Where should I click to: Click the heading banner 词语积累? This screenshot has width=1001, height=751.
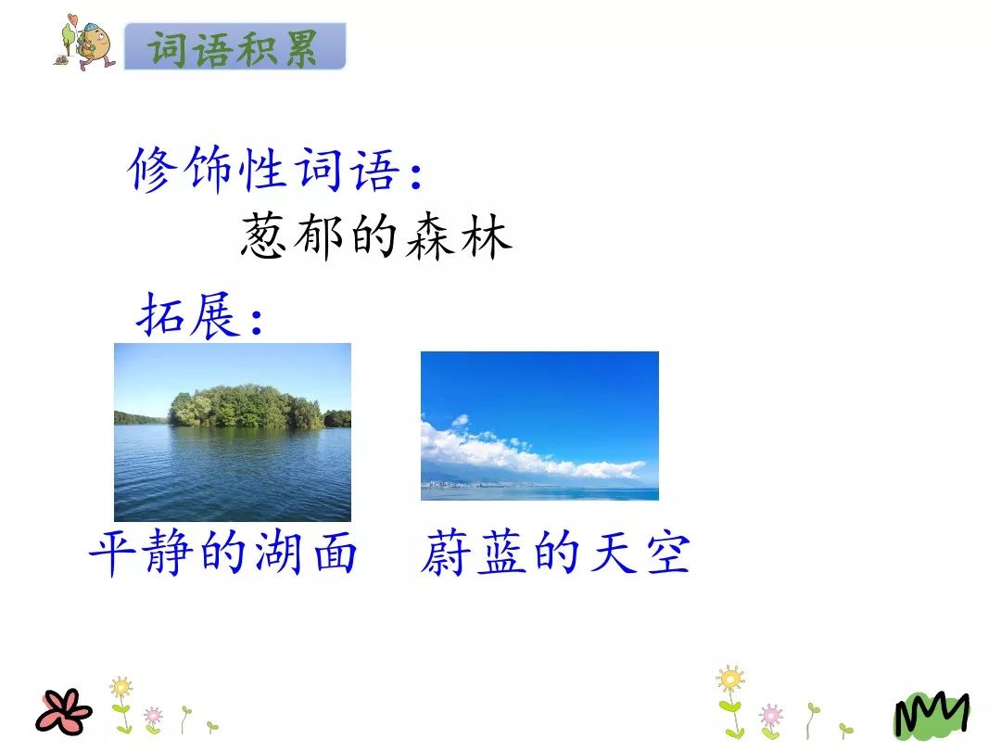234,46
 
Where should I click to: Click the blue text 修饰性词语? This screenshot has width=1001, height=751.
266,170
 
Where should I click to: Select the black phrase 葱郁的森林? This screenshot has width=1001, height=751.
376,236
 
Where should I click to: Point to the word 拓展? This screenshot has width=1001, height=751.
189,315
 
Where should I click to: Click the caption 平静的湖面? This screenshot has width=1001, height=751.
222,553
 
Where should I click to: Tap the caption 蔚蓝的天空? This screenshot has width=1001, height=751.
555,553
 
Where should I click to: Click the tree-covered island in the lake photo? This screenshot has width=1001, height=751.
246,406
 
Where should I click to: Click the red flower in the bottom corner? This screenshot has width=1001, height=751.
63,712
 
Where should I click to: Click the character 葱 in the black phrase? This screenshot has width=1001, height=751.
263,236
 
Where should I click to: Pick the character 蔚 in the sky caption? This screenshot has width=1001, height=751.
445,553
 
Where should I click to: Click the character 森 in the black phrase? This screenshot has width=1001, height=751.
430,236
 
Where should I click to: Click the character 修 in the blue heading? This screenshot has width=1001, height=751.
153,170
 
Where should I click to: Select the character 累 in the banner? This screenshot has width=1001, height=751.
302,48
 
